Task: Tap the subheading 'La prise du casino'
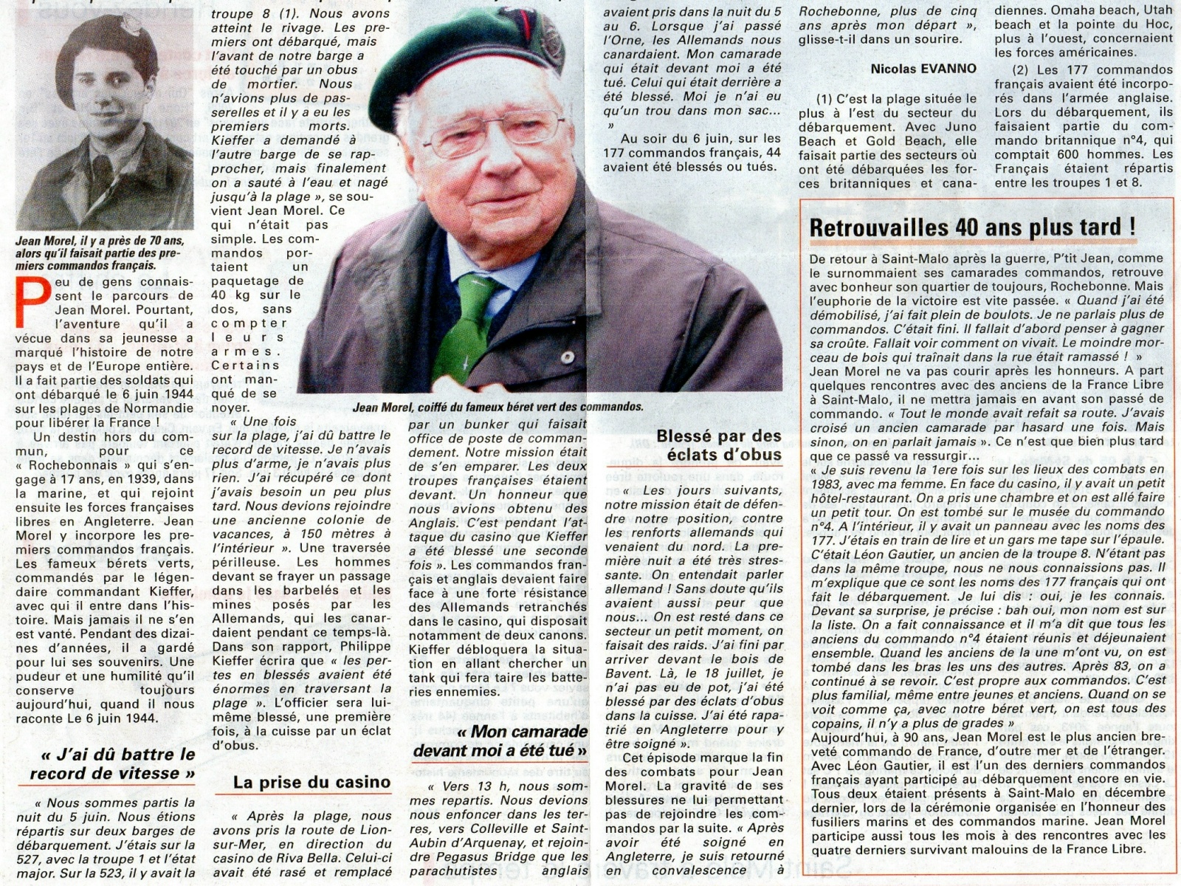[x=311, y=783]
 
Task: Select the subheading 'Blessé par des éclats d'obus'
[x=718, y=445]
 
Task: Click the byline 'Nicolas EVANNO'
[x=923, y=69]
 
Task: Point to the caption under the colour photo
[x=497, y=407]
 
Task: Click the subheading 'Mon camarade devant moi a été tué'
[x=500, y=741]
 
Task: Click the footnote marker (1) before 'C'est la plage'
[x=825, y=99]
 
